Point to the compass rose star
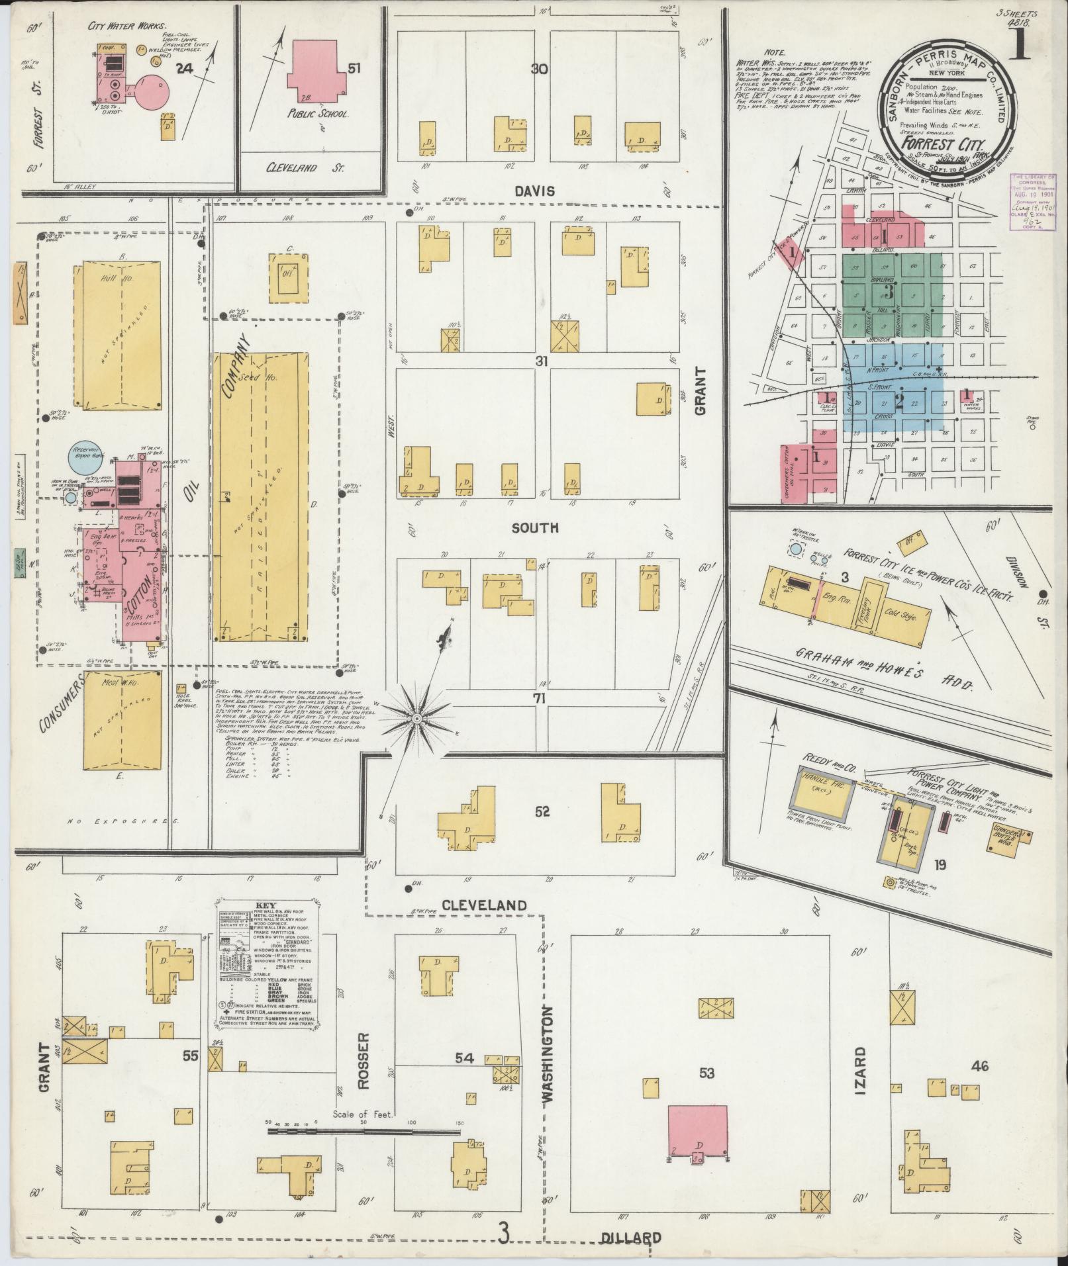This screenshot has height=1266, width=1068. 417,718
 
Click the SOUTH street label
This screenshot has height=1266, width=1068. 535,527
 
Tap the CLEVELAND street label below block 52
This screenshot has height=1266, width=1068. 484,905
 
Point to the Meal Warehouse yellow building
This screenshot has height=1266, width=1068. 122,719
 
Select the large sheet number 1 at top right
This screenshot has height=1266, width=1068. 1020,46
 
